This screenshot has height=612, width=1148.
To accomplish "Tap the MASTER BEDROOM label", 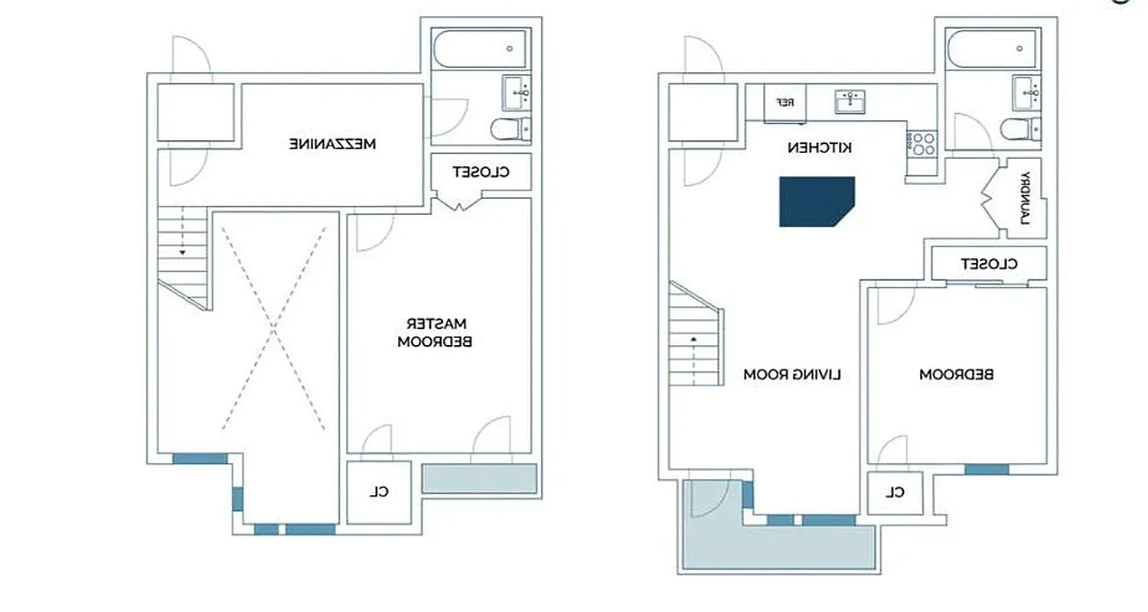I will coord(435,332).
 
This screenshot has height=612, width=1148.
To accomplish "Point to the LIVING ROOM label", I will coord(792,375).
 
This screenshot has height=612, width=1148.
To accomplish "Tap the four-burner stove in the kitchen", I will coord(921,143).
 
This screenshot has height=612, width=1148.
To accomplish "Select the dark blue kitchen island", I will coord(816,202).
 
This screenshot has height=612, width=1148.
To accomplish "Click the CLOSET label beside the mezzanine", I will coord(481,172).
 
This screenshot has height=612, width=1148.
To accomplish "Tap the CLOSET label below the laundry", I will coord(989,264).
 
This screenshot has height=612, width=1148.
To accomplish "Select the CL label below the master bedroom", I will coord(378,492).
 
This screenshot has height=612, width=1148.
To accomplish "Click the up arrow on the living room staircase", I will coord(694,337).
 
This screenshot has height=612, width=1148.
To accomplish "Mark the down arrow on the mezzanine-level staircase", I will coord(182,251).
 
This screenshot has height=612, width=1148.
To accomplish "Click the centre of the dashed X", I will coord(273,325).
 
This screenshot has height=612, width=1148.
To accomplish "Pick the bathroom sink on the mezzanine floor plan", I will coord(517,93).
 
